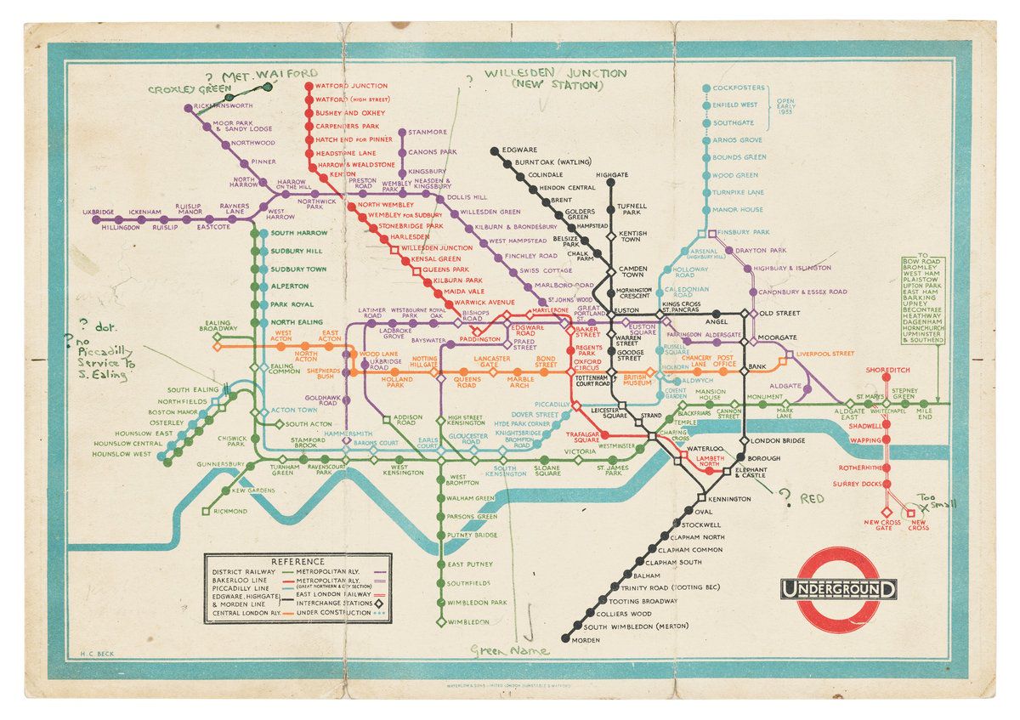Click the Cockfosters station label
pyautogui.click(x=739, y=88)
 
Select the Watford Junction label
pyautogui.click(x=351, y=86)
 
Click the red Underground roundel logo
pyautogui.click(x=839, y=587)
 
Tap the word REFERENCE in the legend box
pyautogui.click(x=297, y=561)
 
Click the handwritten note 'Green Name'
pyautogui.click(x=510, y=650)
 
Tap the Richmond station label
pyautogui.click(x=230, y=511)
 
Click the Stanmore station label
pyautogui.click(x=427, y=132)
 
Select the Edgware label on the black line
pyautogui.click(x=519, y=150)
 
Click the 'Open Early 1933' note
pyautogui.click(x=788, y=111)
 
